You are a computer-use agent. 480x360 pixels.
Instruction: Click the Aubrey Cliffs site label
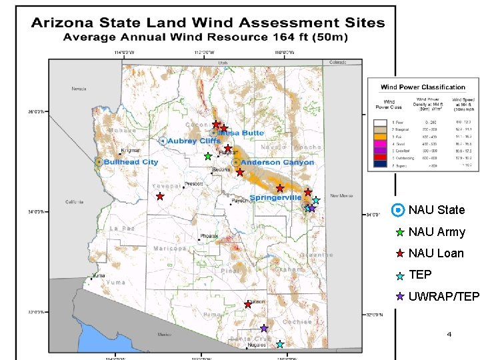(193, 141)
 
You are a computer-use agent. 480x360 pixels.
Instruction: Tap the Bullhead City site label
(131, 162)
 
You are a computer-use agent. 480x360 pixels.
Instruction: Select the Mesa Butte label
(243, 133)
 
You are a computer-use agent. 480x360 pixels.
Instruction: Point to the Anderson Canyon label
(277, 163)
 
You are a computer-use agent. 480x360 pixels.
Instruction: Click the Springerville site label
(275, 197)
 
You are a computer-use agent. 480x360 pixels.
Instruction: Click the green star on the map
(208, 156)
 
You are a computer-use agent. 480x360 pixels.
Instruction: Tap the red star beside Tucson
(248, 304)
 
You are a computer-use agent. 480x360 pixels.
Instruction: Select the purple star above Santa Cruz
(264, 328)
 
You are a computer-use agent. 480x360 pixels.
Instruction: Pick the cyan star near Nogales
(280, 344)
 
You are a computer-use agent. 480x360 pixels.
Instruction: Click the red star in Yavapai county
(160, 197)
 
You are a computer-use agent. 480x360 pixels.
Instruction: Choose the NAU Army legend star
(399, 233)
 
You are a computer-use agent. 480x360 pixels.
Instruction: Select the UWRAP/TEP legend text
(443, 296)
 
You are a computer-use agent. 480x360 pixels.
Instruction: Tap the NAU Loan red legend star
(399, 253)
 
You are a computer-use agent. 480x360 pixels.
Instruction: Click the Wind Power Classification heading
(423, 87)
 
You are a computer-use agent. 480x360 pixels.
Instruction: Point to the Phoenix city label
(209, 236)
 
